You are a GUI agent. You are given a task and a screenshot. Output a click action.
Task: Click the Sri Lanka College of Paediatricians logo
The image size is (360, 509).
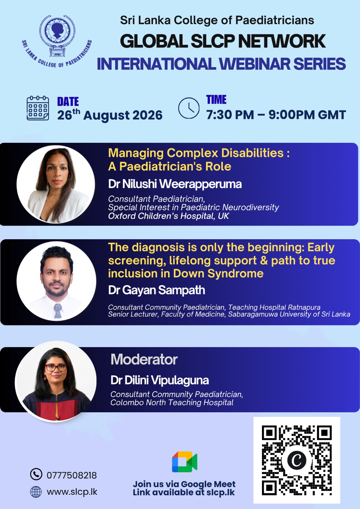coord(57,41)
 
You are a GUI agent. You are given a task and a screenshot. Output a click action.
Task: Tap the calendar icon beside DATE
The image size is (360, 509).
coord(38,108)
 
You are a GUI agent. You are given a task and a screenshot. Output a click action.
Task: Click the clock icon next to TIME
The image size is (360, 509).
coord(189,108)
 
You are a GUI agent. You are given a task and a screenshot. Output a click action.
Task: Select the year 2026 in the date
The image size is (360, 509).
coord(147,115)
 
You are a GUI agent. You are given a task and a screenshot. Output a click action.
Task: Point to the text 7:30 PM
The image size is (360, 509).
coord(230,115)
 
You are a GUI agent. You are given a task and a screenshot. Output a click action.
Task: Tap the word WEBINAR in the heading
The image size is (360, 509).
coord(254,64)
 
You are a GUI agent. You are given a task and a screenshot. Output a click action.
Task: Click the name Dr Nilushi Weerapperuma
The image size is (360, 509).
coord(175,184)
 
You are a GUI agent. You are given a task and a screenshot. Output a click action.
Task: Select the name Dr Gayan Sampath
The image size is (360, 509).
coord(157,290)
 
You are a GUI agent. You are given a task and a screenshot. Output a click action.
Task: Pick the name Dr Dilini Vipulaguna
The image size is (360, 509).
coord(159,380)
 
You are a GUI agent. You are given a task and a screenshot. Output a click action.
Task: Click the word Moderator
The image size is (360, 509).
coord(144,359)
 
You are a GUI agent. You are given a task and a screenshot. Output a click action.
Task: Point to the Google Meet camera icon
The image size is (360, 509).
coord(184,462)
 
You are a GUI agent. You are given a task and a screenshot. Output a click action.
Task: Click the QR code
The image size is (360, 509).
coord(297,460)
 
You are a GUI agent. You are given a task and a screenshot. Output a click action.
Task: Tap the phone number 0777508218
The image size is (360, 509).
coord(72,475)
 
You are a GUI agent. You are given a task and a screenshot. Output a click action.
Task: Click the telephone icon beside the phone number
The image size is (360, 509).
coord(36,474)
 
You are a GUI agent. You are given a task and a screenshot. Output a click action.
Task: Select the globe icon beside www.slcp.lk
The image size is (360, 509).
coord(36,492)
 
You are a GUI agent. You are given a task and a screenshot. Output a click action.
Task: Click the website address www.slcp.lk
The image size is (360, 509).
coord(72,492)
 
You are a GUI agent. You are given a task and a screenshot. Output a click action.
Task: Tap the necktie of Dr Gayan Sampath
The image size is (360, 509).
coord(58,310)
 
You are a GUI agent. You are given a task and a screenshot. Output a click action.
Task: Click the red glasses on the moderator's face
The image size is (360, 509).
coord(56,368)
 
